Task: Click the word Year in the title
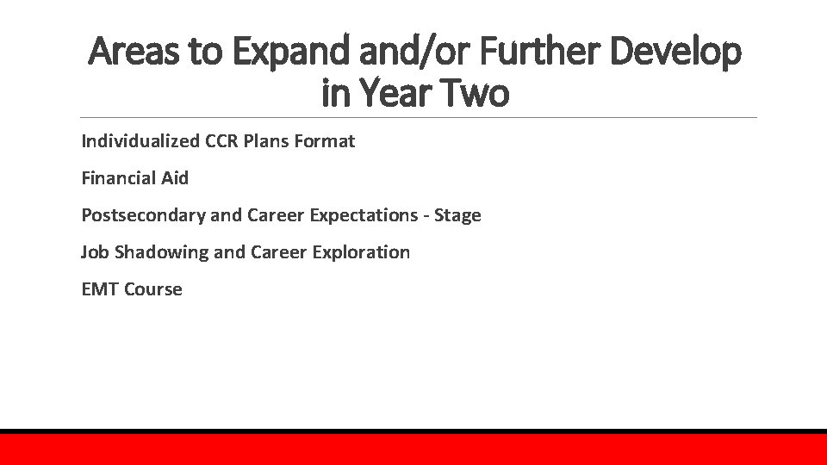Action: point(400,93)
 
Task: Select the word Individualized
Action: point(140,141)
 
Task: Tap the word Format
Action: point(325,141)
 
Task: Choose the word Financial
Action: point(118,178)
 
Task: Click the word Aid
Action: point(174,178)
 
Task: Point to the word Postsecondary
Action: point(142,215)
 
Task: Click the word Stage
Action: point(458,215)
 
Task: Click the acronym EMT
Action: point(100,289)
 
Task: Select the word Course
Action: point(153,289)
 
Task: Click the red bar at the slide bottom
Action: point(413,449)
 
